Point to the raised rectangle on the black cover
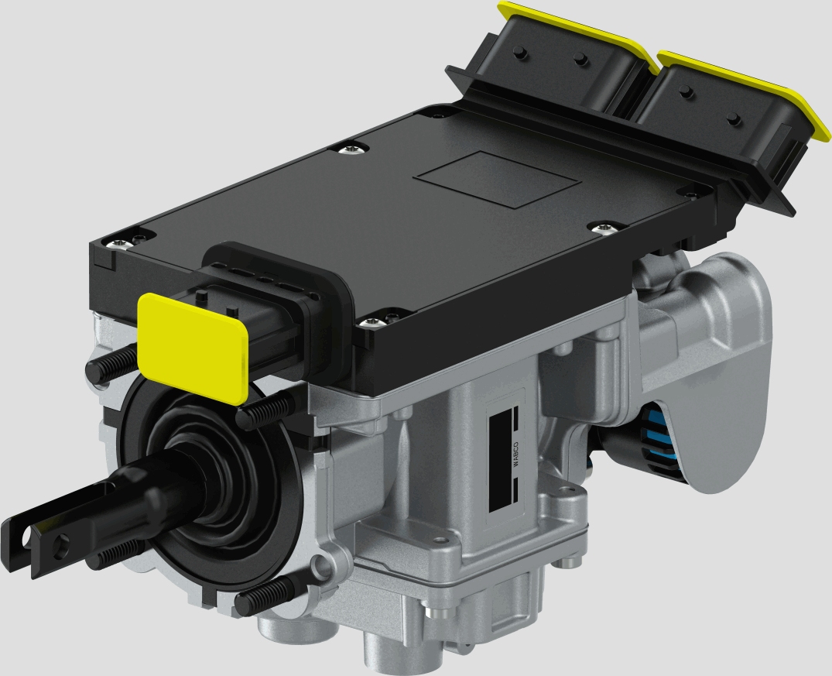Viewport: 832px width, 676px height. (497, 179)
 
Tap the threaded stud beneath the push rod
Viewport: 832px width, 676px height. (116, 554)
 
